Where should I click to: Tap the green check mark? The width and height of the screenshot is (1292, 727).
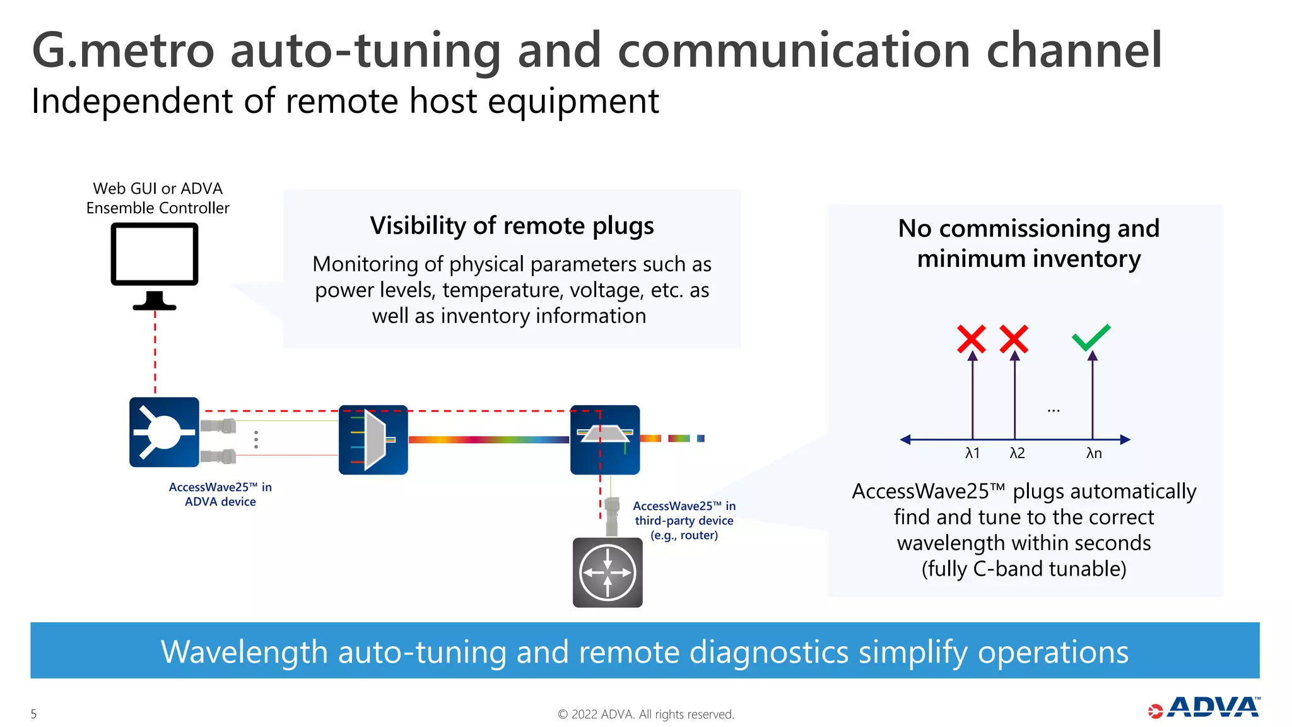click(1091, 337)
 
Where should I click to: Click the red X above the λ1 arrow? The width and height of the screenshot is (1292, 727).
click(972, 339)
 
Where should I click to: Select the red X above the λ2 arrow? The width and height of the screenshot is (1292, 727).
click(1014, 339)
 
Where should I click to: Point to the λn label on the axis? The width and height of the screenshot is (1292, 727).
click(1094, 453)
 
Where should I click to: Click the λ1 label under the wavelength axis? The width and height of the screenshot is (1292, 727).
click(972, 453)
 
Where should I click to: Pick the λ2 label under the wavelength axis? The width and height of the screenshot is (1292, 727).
click(1017, 453)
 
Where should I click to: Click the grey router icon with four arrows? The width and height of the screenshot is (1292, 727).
click(608, 572)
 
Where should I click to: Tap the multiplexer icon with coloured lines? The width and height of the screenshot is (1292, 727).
click(373, 440)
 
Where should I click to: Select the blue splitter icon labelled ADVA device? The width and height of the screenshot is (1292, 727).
click(164, 432)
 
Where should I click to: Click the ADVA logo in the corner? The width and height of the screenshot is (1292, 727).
click(1205, 707)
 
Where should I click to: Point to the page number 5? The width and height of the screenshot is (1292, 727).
click(34, 714)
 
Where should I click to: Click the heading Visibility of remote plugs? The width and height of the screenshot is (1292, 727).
click(512, 225)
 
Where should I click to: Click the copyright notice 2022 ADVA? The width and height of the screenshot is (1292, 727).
click(646, 714)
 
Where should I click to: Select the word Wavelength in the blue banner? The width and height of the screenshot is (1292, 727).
click(244, 652)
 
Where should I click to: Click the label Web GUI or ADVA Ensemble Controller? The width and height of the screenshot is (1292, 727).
click(158, 198)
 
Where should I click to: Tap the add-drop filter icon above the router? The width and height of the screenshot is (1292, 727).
click(605, 440)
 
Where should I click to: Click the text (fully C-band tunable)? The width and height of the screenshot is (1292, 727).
click(1024, 569)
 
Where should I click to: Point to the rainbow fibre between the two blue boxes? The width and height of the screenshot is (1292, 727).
click(489, 439)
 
